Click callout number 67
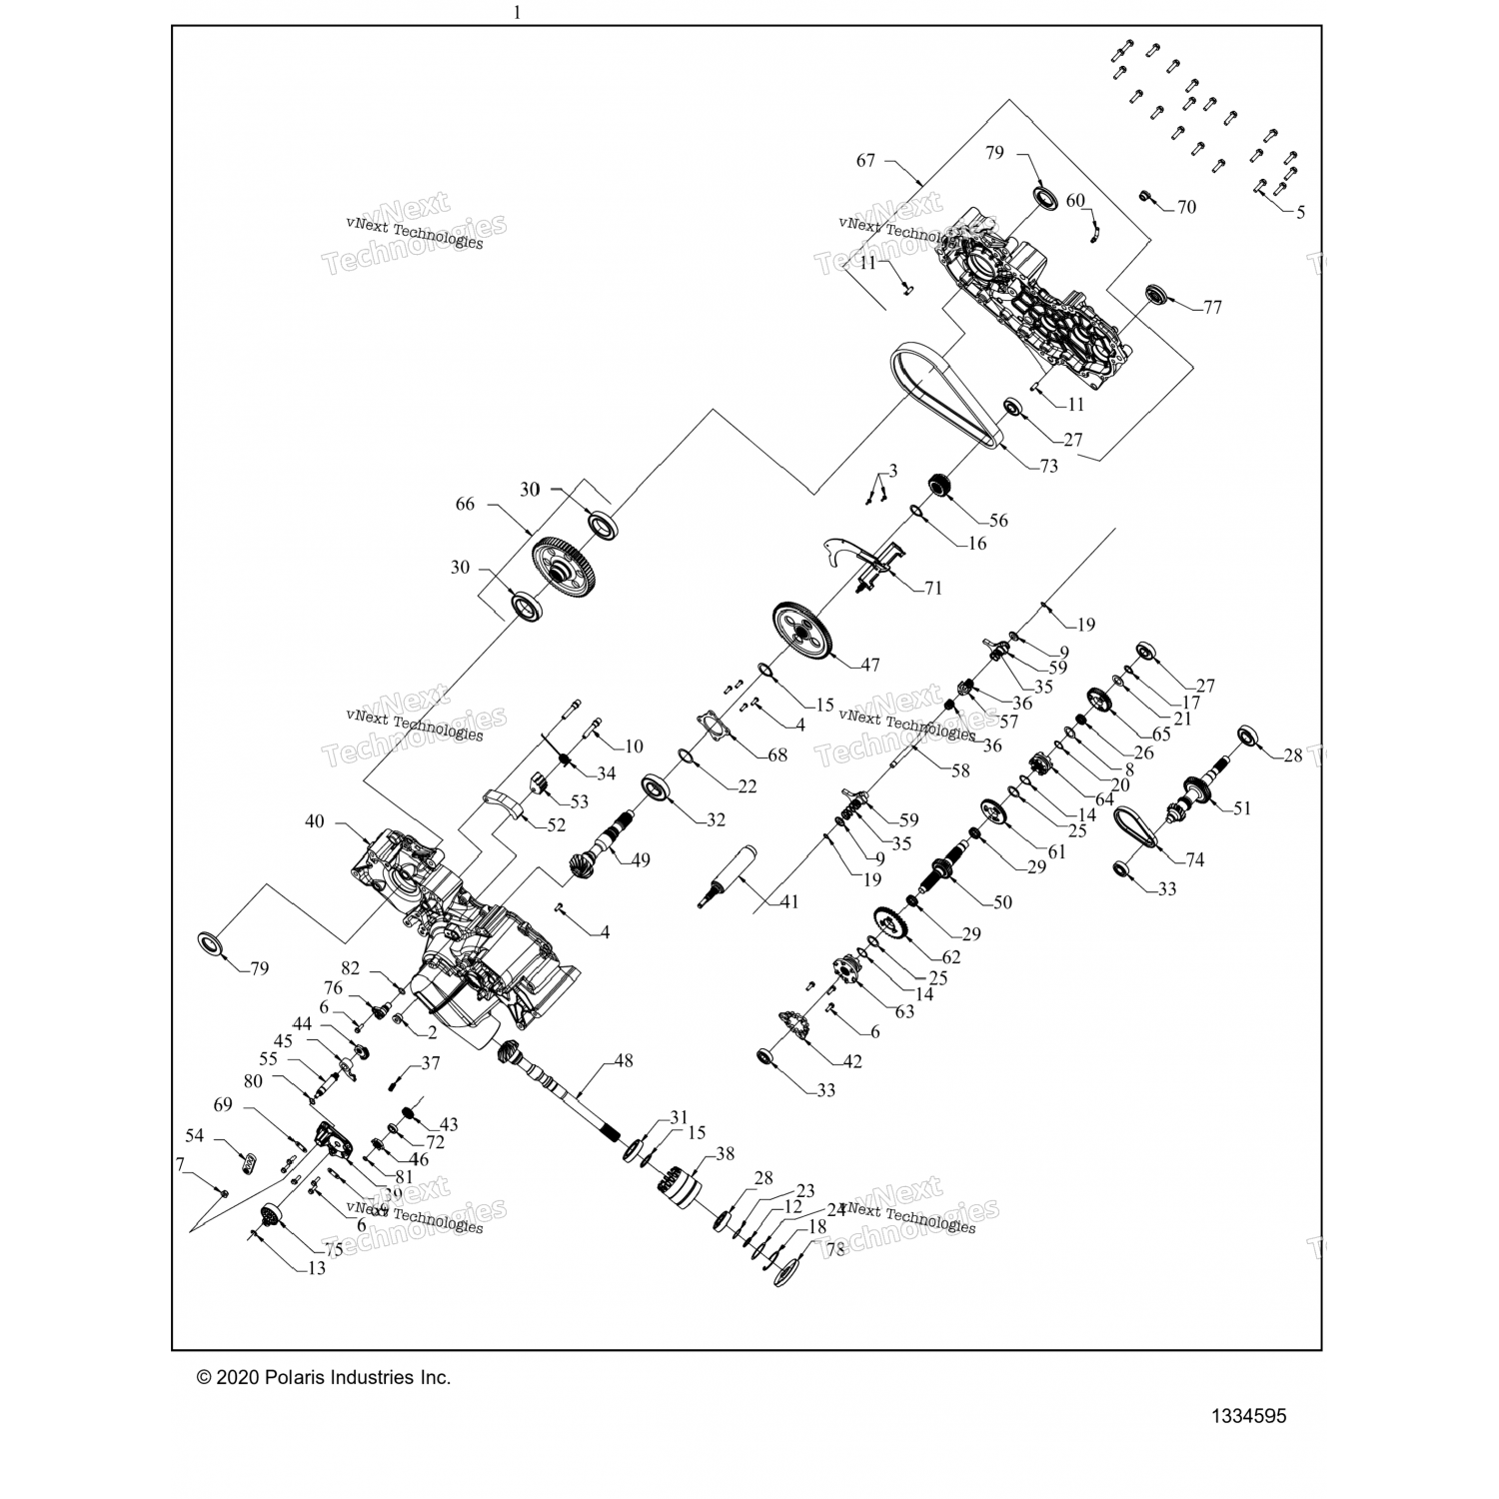coord(865,161)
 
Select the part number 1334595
coord(1248,1416)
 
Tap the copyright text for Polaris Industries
coord(324,1377)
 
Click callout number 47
coord(869,665)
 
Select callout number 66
coord(466,505)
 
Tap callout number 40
coord(315,821)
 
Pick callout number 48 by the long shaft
coord(624,1061)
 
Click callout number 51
coord(1242,808)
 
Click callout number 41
coord(789,902)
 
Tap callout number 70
coord(1186,208)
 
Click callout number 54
coord(195,1136)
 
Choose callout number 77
coord(1212,308)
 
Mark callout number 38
coord(725,1153)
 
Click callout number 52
coord(556,825)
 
